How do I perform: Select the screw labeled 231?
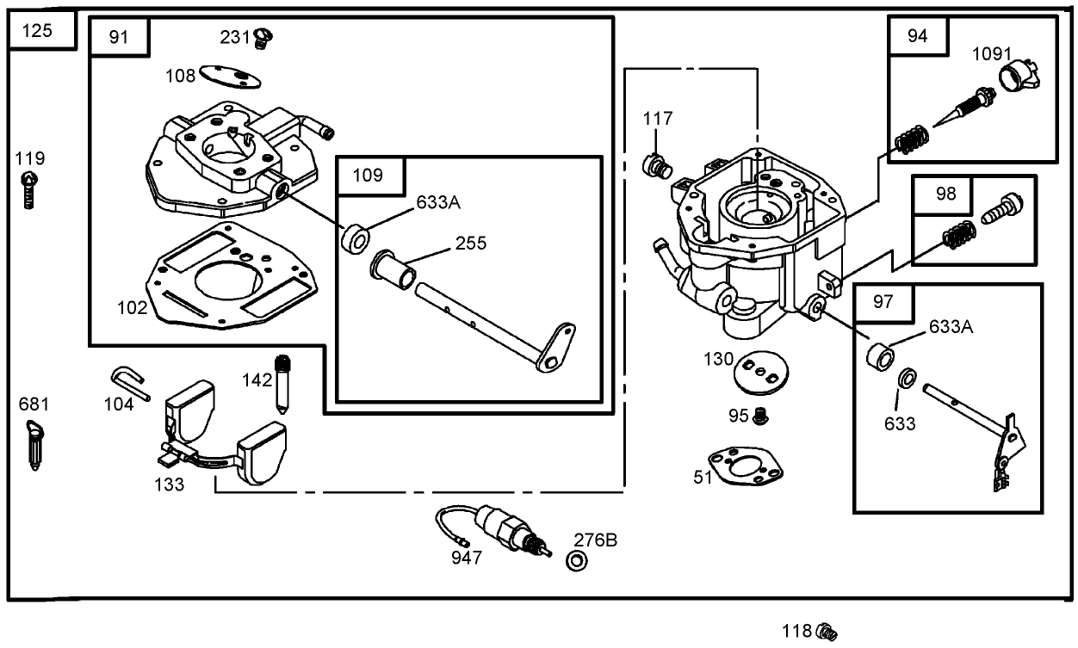(x=263, y=37)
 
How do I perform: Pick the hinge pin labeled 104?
(x=130, y=382)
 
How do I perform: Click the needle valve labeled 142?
(x=281, y=382)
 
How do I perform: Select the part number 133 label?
(x=169, y=484)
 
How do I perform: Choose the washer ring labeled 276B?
(x=577, y=562)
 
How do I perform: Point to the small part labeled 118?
(x=827, y=632)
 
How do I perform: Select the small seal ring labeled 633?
(x=908, y=379)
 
